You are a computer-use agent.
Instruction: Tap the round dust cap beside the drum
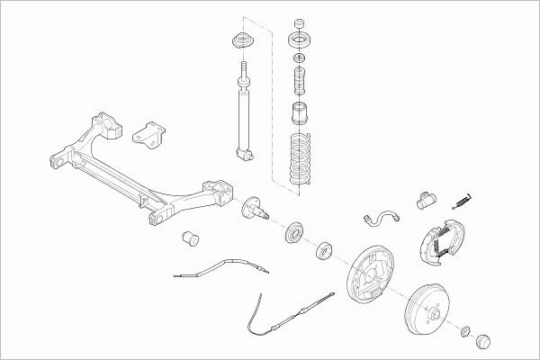(x=482, y=342)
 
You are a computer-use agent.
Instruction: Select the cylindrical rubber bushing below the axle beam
(x=190, y=238)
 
